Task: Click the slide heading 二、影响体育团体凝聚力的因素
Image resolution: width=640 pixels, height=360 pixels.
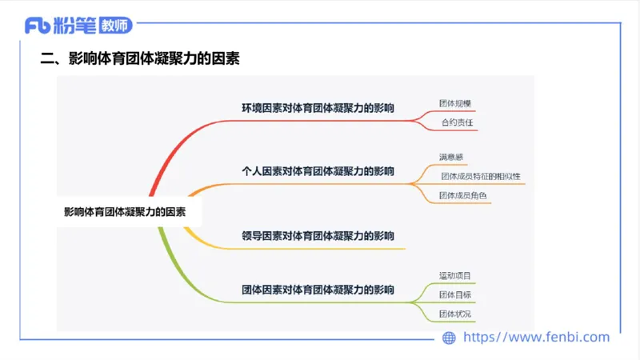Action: coord(140,59)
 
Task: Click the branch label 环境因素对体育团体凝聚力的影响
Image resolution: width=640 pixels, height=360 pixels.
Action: coord(318,107)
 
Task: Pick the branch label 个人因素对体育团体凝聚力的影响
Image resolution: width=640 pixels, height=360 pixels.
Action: coord(318,171)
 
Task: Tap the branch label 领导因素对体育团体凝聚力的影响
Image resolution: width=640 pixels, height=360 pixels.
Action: coord(318,236)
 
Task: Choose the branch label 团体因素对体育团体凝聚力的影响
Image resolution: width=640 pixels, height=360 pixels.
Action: coord(318,290)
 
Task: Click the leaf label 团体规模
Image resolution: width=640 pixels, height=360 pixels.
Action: coord(454,104)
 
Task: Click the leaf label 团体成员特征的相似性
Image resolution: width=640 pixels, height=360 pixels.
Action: coord(480,176)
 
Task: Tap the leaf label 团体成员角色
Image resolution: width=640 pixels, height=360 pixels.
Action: coord(462,195)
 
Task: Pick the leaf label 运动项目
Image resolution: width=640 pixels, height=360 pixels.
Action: coord(454,276)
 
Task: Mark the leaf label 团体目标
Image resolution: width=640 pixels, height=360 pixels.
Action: coord(454,294)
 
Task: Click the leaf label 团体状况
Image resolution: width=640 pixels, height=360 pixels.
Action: coord(454,314)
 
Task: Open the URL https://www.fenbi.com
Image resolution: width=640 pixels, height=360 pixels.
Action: coord(537,338)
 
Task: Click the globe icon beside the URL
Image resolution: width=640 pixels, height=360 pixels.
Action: coord(450,338)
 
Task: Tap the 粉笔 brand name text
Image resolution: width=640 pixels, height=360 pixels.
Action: coord(75,26)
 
